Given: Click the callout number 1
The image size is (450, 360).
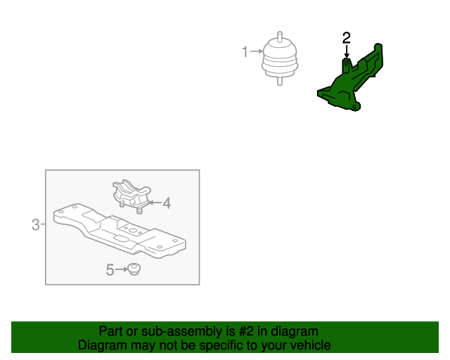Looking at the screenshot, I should click(245, 51).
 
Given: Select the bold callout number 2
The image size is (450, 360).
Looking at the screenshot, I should click(346, 37).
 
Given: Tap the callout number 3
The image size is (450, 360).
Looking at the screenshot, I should click(35, 225).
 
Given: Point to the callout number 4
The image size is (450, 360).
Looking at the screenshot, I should click(167, 203).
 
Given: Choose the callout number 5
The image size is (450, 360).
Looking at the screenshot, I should click(110, 269).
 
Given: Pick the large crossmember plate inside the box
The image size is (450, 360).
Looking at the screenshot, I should click(120, 229).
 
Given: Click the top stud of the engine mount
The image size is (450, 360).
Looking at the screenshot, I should click(279, 37).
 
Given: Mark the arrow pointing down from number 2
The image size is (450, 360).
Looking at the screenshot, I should click(346, 51).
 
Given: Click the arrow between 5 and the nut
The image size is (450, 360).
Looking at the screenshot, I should click(120, 269).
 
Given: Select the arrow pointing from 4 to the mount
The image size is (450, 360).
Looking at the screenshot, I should click(154, 203).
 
